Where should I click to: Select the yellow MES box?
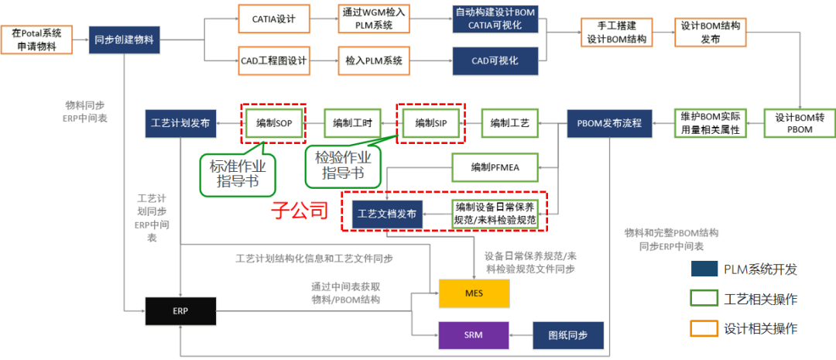[475, 293]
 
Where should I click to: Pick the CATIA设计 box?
[273, 17]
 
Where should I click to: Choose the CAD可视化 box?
[495, 60]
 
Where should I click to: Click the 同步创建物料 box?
[125, 39]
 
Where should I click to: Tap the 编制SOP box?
[273, 122]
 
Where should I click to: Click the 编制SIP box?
[430, 122]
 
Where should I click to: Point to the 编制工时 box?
[352, 122]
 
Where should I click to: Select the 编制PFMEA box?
[495, 166]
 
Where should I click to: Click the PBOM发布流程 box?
[609, 122]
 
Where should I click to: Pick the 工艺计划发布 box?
[180, 122]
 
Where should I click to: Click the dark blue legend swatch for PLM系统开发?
[703, 269]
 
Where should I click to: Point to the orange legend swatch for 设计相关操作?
[703, 328]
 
